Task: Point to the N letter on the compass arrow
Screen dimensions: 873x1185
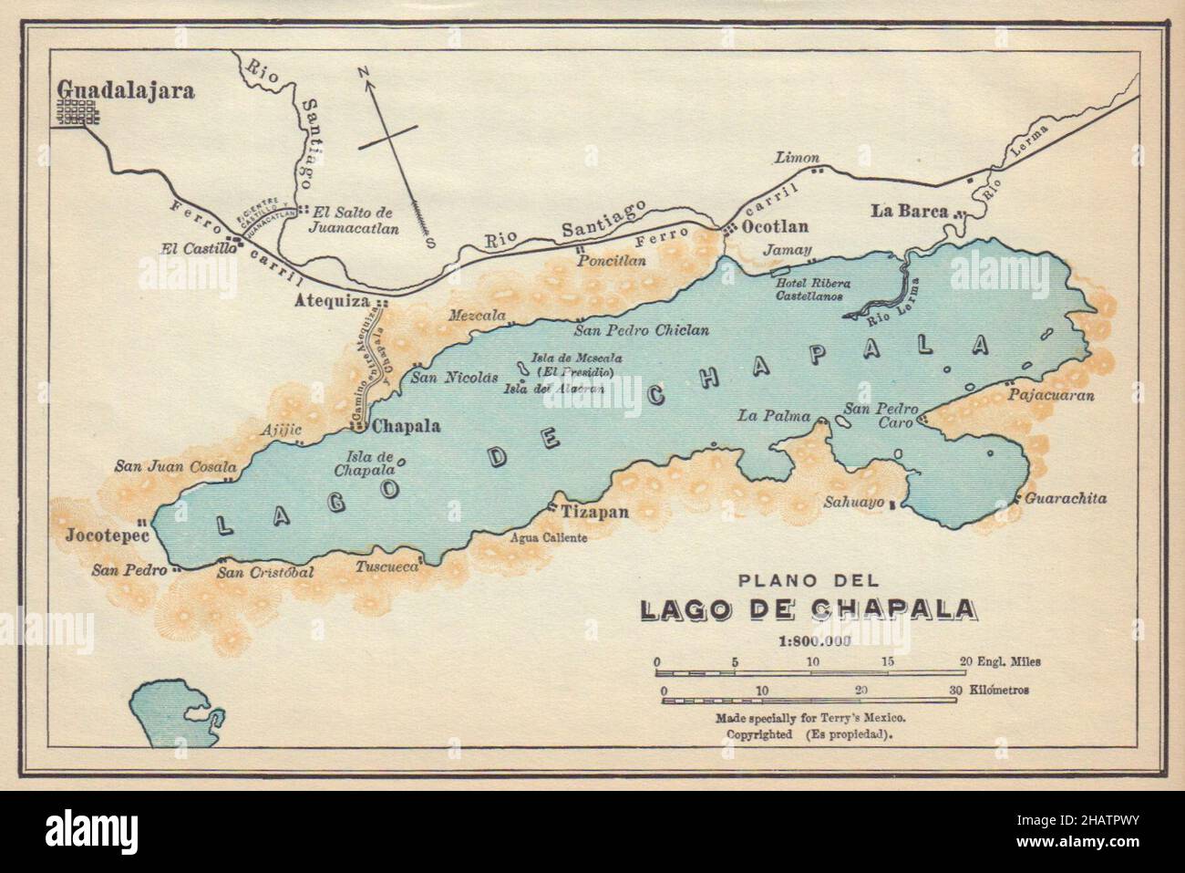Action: [362, 72]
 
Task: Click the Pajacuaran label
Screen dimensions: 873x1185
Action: [1051, 396]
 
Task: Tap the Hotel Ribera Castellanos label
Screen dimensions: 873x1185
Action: [815, 288]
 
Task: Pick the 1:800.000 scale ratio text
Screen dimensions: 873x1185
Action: [814, 639]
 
